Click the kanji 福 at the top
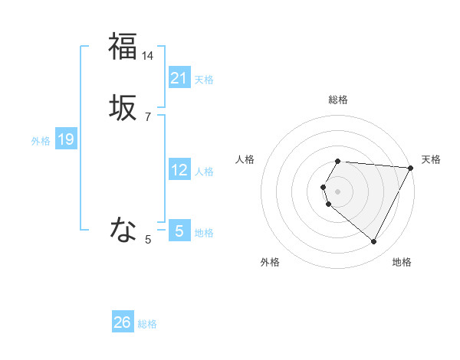(x=123, y=46)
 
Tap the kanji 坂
(x=123, y=110)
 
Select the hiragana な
(x=123, y=228)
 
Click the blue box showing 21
(x=179, y=78)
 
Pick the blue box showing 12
(x=179, y=171)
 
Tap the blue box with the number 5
(x=179, y=231)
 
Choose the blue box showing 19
(x=65, y=139)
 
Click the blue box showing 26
(x=123, y=322)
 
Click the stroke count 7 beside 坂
(x=148, y=117)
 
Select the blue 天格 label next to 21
(x=204, y=80)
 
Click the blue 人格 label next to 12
(x=204, y=172)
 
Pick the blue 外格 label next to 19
(x=41, y=141)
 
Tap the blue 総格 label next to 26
(x=147, y=324)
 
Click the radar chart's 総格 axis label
(x=338, y=100)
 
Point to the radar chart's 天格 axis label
(x=431, y=159)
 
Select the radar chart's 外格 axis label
(x=270, y=262)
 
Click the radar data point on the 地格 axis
(x=374, y=242)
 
